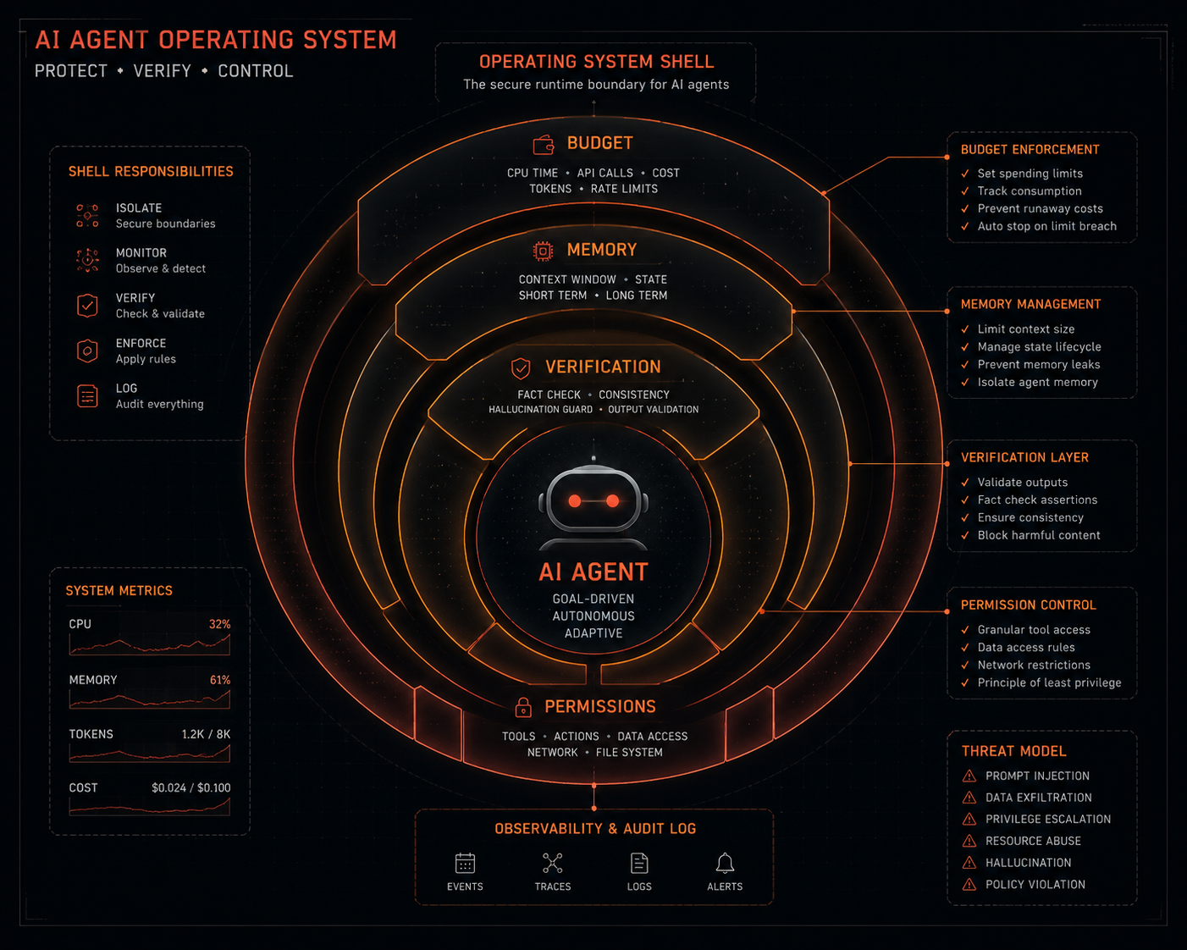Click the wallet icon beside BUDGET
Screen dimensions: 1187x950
coord(544,145)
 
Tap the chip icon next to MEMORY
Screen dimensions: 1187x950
coord(543,251)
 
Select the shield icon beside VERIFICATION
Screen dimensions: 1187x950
coord(521,368)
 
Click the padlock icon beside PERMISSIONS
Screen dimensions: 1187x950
coord(523,707)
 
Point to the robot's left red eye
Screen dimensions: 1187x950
coord(575,501)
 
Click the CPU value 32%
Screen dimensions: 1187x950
coord(219,624)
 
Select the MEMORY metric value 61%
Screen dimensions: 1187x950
coord(220,680)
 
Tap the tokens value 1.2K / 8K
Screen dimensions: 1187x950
coord(207,734)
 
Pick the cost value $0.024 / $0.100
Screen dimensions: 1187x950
coord(191,787)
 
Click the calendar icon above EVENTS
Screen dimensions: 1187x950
coord(465,864)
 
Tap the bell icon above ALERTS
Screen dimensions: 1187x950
coord(725,864)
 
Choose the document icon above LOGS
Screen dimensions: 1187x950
coord(639,864)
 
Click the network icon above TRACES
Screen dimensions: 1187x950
coord(552,864)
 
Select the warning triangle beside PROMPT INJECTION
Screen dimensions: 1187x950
coord(969,776)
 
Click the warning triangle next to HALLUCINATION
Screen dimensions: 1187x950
coord(969,863)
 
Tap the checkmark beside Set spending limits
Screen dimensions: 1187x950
coord(965,174)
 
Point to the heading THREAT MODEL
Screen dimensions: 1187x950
coord(1013,751)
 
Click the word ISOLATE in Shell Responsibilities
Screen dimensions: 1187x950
coord(139,208)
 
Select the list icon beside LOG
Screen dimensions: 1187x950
coord(87,396)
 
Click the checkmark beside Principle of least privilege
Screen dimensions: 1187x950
coord(965,683)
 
